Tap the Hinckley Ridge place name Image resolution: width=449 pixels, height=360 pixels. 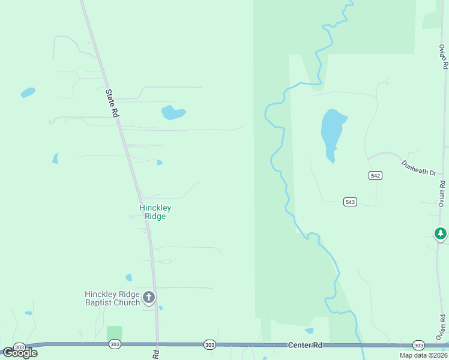(155, 212)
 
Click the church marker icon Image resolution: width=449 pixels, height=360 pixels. (149, 296)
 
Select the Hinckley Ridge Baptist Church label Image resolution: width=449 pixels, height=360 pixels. (112, 298)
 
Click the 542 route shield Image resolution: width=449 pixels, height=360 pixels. (376, 175)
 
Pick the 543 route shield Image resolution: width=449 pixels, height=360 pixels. (351, 202)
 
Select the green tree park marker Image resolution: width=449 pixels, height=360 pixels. (441, 233)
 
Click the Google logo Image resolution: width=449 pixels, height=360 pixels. (20, 353)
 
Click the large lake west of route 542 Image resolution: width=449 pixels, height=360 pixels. (333, 132)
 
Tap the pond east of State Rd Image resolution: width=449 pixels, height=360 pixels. (172, 112)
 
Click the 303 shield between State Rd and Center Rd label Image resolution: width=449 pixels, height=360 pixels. (209, 344)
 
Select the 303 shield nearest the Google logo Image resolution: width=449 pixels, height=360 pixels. (19, 347)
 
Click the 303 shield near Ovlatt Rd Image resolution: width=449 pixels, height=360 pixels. (419, 345)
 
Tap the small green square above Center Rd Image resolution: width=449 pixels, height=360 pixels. (114, 333)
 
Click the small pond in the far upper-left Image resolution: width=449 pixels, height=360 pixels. (28, 92)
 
